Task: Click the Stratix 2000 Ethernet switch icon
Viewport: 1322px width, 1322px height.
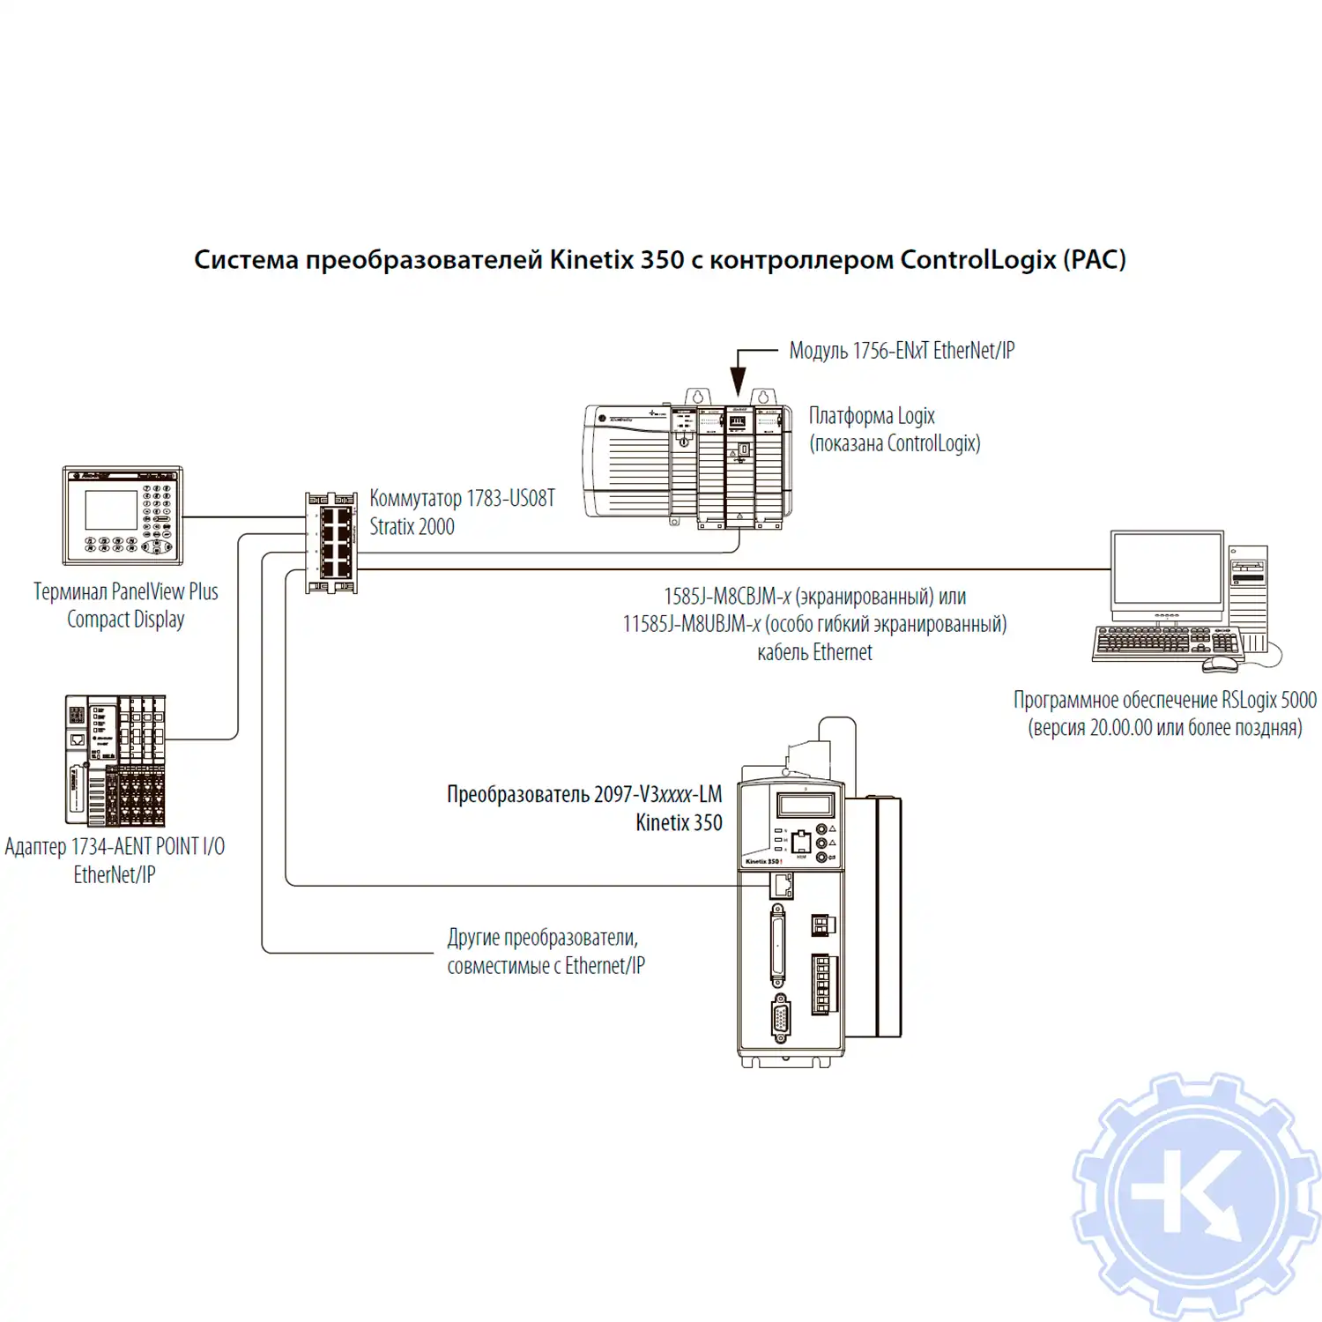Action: pyautogui.click(x=331, y=542)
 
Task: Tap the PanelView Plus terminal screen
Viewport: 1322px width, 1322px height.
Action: pyautogui.click(x=110, y=510)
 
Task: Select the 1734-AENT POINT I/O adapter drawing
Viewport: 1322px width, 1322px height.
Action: pyautogui.click(x=115, y=760)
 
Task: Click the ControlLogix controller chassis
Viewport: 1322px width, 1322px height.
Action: pyautogui.click(x=687, y=465)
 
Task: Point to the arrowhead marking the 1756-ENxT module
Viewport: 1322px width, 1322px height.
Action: pyautogui.click(x=739, y=382)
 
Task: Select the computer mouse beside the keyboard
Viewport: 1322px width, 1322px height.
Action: pyautogui.click(x=1221, y=662)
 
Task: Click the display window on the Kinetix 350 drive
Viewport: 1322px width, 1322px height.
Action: pyautogui.click(x=805, y=805)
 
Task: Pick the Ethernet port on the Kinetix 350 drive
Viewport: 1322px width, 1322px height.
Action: pyautogui.click(x=782, y=884)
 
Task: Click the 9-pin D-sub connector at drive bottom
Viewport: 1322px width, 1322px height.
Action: pyautogui.click(x=781, y=1019)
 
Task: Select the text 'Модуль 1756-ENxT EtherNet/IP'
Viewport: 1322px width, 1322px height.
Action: pyautogui.click(x=902, y=351)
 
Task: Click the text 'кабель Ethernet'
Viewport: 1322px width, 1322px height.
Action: pyautogui.click(x=814, y=652)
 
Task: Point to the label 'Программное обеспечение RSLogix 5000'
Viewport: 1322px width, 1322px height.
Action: pyautogui.click(x=1164, y=700)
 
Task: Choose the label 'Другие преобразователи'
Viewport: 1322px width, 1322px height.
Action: pyautogui.click(x=542, y=937)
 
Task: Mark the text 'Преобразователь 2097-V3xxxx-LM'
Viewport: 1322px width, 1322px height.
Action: pyautogui.click(x=584, y=794)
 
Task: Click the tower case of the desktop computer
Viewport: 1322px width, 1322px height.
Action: pyautogui.click(x=1248, y=599)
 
